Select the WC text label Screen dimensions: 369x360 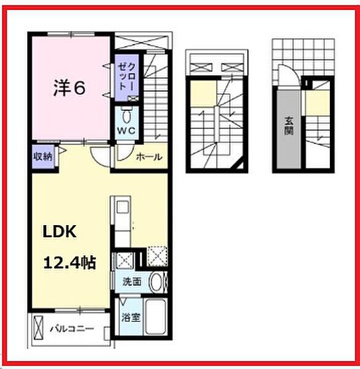tap(126, 131)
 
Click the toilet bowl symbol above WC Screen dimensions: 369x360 tap(127, 116)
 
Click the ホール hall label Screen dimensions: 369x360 tap(148, 157)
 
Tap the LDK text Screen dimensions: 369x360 tap(58, 233)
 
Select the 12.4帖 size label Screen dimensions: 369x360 tap(69, 263)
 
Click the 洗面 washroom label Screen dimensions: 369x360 tap(131, 282)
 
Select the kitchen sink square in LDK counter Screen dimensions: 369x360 tap(120, 206)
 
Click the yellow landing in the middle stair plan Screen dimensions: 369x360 tap(199, 95)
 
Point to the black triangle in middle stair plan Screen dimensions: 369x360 tap(246, 163)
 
